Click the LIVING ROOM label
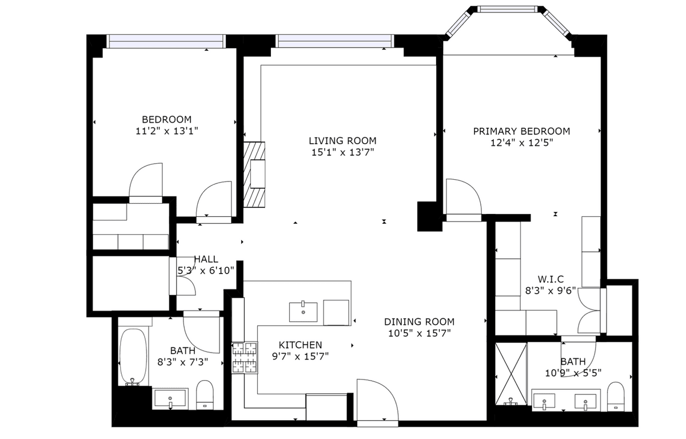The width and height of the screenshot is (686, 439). (x=342, y=141)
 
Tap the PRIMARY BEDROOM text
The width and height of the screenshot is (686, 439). (x=521, y=131)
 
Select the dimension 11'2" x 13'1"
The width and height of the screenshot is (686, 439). (x=166, y=131)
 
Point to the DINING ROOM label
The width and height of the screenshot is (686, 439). (x=419, y=322)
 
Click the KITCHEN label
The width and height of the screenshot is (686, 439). (x=300, y=345)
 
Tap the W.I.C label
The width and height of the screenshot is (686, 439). (x=551, y=279)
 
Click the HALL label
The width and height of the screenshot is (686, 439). (x=206, y=259)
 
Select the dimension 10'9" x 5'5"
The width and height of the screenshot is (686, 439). (x=573, y=373)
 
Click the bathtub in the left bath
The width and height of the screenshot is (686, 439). (x=133, y=357)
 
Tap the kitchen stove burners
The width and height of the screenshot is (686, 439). (x=245, y=358)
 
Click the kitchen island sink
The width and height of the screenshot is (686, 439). (x=303, y=312)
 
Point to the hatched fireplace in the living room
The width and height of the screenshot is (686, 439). (x=254, y=175)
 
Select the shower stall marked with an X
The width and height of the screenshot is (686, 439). (x=511, y=374)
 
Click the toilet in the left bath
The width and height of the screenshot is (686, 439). (x=205, y=395)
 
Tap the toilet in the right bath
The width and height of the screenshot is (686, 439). (x=616, y=396)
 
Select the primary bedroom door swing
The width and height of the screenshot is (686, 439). (x=464, y=196)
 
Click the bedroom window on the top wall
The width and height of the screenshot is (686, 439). (x=166, y=41)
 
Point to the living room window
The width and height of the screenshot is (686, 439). (x=335, y=41)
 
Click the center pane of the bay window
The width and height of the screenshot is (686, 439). (x=507, y=9)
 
